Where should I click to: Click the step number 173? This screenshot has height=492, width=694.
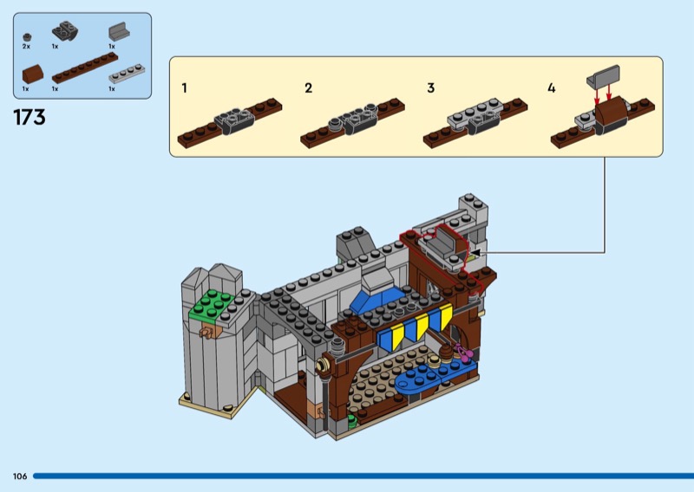coord(29,118)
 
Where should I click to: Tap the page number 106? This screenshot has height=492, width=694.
coord(19,476)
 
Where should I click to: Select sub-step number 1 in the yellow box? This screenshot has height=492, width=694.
coord(185,88)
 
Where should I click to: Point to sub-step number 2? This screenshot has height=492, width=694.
coord(308,88)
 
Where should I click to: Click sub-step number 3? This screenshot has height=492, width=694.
coord(431,88)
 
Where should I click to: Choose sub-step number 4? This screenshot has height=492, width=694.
coord(553,88)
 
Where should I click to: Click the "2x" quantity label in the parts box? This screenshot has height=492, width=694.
coord(26,46)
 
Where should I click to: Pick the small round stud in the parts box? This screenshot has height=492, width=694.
coord(27,36)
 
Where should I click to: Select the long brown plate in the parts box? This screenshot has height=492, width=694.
coord(84,68)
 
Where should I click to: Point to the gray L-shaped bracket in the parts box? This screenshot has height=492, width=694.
coord(117,33)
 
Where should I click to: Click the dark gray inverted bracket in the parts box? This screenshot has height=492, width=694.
coord(63,32)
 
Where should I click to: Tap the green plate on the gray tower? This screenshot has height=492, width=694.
coord(216,303)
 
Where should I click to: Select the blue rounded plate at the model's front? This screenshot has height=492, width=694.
coord(435,377)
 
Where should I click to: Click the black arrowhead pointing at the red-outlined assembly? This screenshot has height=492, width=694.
coord(475,252)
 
